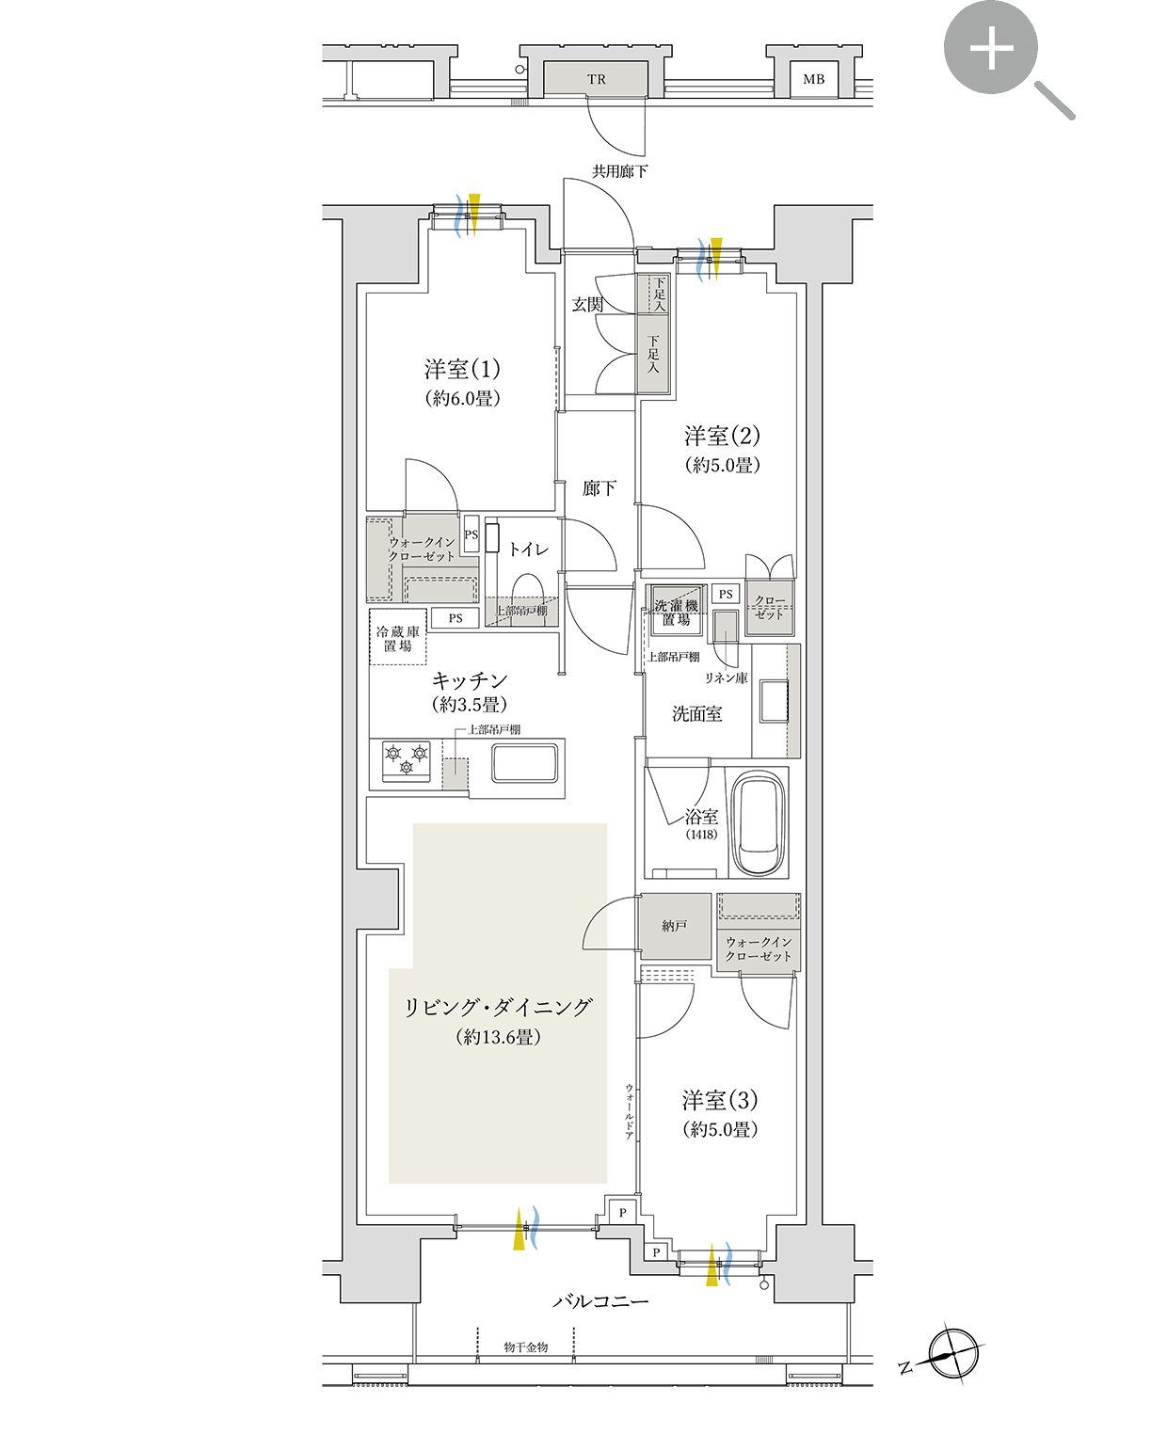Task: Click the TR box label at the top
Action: point(597,80)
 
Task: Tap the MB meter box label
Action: point(813,80)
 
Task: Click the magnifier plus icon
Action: point(992,48)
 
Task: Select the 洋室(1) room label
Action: point(462,370)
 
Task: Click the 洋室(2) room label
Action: point(722,437)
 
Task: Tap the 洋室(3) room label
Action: point(720,1101)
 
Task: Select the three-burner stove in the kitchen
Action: point(406,760)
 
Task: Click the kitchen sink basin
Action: point(525,762)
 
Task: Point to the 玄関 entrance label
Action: point(587,305)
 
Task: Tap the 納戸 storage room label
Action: point(674,927)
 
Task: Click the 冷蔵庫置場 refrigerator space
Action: point(398,639)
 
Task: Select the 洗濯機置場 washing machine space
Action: point(676,613)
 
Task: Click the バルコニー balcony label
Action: point(600,1301)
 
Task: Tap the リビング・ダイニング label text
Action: point(498,1008)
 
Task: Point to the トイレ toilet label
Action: point(528,550)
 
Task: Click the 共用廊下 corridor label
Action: point(619,171)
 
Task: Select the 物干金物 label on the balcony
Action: point(525,1347)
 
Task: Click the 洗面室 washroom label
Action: point(696,714)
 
